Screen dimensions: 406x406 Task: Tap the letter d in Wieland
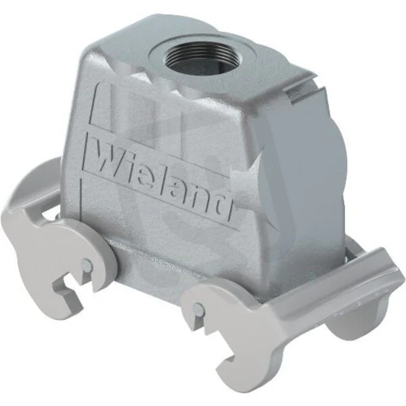(223, 206)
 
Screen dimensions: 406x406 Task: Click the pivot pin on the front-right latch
(199, 310)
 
